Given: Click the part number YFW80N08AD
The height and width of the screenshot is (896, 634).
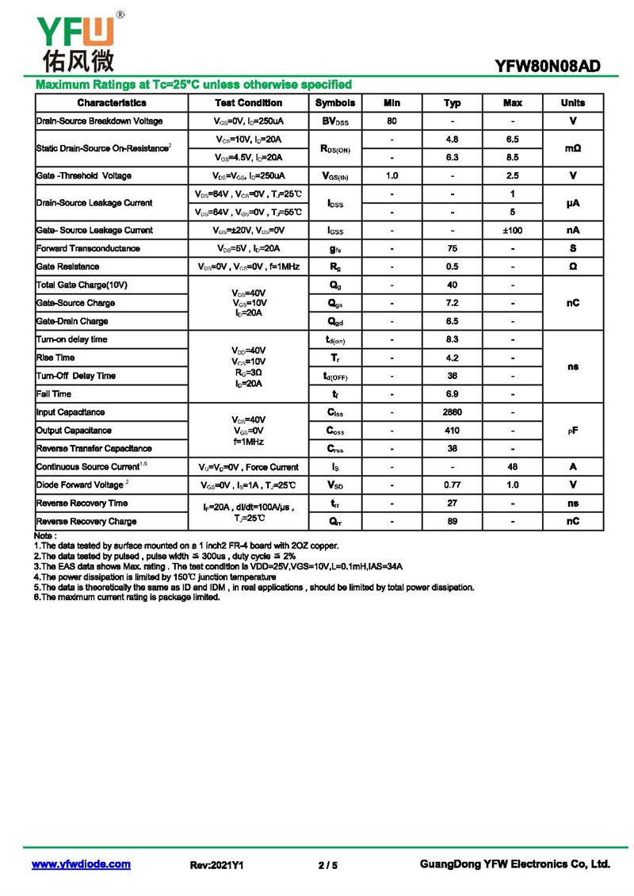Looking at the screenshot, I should click(547, 67).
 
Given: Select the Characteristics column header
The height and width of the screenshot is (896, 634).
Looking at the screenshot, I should click(112, 103).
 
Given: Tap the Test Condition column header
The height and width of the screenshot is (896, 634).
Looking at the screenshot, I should click(248, 103).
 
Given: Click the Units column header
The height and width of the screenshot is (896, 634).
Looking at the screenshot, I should click(573, 103).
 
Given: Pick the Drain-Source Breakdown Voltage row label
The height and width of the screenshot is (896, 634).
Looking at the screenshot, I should click(99, 121).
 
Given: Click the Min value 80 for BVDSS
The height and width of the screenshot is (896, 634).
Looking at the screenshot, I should click(391, 121).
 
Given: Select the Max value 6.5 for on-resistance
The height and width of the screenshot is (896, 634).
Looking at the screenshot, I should click(513, 140).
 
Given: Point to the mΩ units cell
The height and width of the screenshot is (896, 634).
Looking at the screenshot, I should click(573, 148).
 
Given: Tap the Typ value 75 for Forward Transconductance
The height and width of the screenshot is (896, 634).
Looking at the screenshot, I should click(453, 248).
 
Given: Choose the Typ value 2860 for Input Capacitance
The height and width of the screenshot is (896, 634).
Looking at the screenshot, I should click(453, 412).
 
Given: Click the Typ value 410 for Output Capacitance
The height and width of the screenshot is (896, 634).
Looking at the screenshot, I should click(453, 431).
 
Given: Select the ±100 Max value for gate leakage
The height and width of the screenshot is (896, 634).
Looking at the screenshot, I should click(513, 230).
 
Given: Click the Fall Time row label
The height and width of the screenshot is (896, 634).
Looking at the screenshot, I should click(54, 394).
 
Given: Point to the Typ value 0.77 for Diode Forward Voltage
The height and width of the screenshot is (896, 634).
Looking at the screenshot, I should click(453, 484).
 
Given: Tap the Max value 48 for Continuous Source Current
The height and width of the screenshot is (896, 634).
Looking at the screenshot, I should click(513, 467).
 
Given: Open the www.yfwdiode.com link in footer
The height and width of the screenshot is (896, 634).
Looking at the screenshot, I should click(81, 864).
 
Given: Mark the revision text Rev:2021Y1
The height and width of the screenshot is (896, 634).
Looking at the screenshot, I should click(216, 865).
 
